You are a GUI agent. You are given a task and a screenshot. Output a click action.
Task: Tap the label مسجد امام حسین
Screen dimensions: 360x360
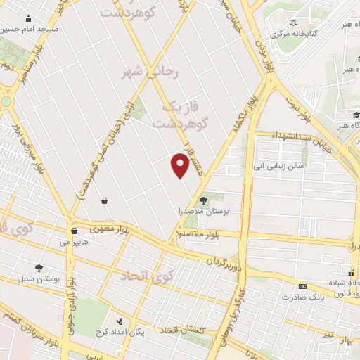[29, 29]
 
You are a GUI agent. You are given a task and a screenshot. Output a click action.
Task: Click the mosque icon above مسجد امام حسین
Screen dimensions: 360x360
[28, 19]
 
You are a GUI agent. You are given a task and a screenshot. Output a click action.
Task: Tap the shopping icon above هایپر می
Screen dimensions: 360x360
[74, 231]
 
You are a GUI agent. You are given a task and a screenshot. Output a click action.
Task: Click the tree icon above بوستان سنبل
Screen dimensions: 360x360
[39, 268]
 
